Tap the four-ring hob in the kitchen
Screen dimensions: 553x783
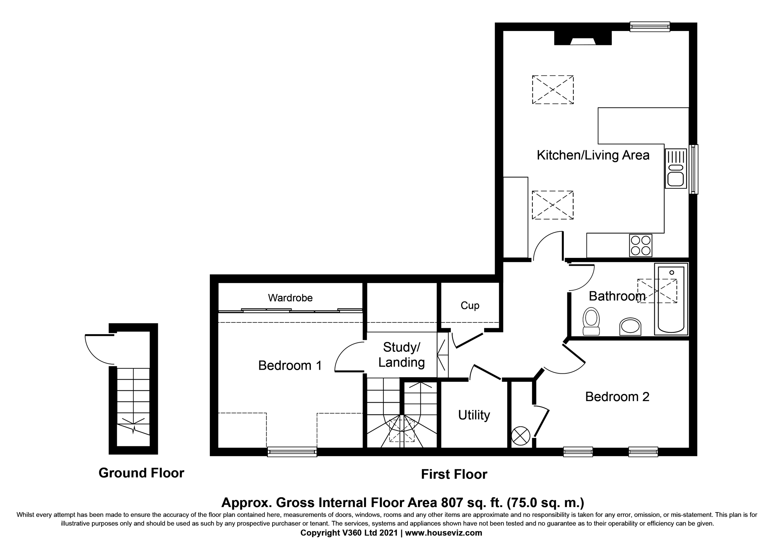click(x=640, y=245)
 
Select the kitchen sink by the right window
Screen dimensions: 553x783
click(x=675, y=169)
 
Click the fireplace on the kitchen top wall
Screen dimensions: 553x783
click(x=583, y=38)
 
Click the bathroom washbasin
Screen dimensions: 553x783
click(x=630, y=326)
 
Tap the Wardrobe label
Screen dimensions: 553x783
click(x=290, y=298)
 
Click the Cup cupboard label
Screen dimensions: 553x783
click(x=470, y=306)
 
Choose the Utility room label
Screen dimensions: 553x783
click(x=474, y=415)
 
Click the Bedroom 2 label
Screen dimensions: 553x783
click(x=617, y=396)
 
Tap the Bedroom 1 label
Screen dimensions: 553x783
click(x=290, y=366)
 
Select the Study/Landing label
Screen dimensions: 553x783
click(x=401, y=355)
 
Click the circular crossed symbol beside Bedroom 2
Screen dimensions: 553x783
click(x=520, y=436)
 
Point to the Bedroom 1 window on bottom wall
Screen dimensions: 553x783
click(x=292, y=452)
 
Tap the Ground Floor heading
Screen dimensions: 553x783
click(x=141, y=473)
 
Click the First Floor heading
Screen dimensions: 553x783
click(x=454, y=474)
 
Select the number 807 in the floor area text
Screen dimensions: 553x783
click(x=452, y=502)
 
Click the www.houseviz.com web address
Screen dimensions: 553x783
click(x=443, y=532)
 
